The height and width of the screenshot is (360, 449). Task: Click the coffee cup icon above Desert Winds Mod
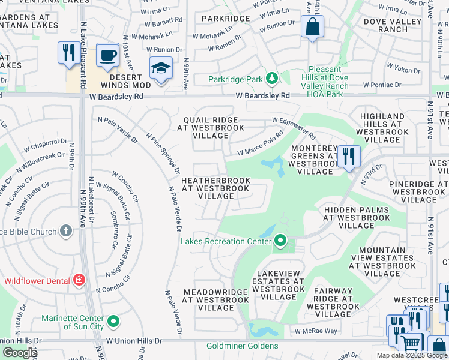click(x=107, y=55)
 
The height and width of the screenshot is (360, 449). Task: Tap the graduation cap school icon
click(x=161, y=69)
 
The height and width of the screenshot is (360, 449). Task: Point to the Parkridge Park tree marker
click(x=272, y=79)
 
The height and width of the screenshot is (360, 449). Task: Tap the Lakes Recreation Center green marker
click(x=280, y=241)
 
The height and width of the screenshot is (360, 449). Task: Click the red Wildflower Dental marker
click(x=79, y=280)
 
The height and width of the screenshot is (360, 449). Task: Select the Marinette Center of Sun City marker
click(x=113, y=323)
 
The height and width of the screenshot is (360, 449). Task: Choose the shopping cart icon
click(x=411, y=343)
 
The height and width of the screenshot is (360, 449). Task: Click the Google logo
click(x=19, y=352)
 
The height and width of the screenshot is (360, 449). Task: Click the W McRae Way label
click(x=316, y=331)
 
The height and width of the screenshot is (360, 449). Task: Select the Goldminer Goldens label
click(x=242, y=346)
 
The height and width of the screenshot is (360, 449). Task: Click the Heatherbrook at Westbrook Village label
click(x=215, y=188)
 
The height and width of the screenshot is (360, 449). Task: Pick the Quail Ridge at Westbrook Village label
click(x=214, y=127)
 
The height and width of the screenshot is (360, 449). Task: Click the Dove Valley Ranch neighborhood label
click(x=385, y=25)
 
